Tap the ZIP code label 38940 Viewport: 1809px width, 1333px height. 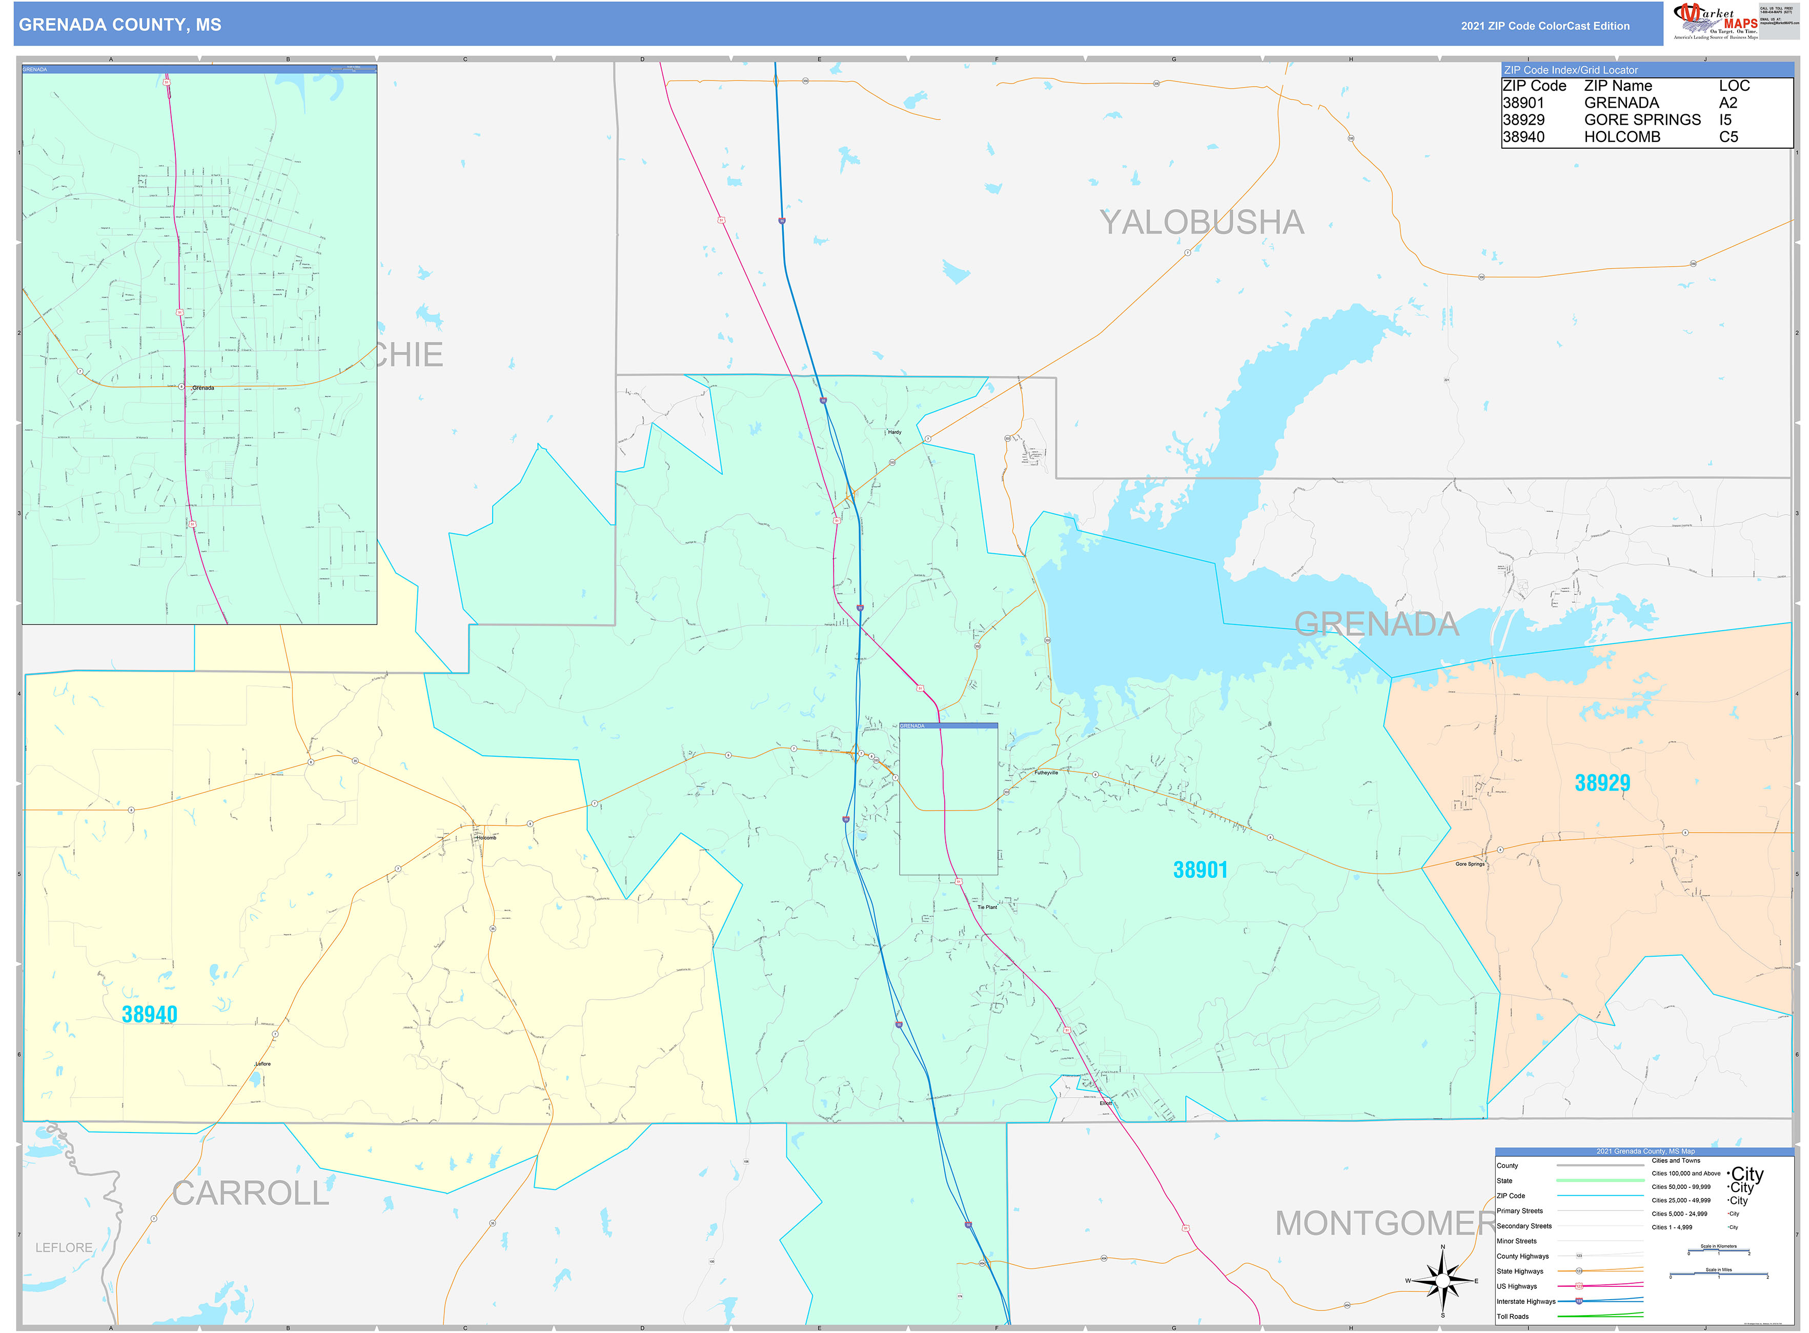point(149,1014)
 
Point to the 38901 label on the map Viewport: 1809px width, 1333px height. point(1200,870)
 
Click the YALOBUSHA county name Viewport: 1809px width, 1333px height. point(1202,223)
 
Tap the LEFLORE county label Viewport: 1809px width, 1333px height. point(64,1247)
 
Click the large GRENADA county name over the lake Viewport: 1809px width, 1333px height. point(1376,624)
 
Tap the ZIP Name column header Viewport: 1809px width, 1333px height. point(1618,86)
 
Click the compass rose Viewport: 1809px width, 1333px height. point(1442,1281)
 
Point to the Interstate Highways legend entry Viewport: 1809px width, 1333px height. point(1526,1302)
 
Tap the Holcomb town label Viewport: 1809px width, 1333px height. point(486,838)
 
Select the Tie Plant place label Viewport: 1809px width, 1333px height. point(987,907)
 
